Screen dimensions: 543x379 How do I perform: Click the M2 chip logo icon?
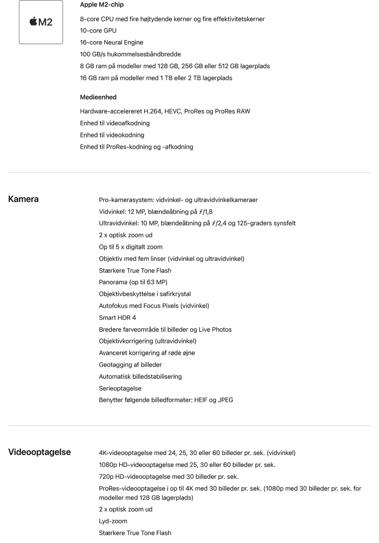tap(41, 22)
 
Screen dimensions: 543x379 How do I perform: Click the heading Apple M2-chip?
tap(102, 5)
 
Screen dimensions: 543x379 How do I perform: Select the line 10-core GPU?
tap(98, 30)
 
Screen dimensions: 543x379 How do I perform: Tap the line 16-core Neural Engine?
tap(112, 42)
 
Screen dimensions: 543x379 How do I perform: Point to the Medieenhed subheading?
tap(98, 97)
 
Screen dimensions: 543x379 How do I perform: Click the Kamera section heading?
tap(23, 199)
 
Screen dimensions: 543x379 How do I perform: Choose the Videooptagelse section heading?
tap(40, 452)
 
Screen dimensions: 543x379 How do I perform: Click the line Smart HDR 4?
tap(117, 318)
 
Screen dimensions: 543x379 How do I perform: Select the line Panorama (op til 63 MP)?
tap(133, 282)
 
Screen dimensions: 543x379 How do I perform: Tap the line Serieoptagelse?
tap(120, 388)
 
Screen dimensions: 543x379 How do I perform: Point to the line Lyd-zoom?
tap(113, 521)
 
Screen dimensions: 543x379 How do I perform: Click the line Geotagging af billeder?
tap(130, 365)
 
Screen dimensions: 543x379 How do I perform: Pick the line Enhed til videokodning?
tap(112, 135)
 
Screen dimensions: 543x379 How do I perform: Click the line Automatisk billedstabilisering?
tap(140, 377)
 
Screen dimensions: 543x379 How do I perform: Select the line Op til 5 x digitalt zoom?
tap(131, 247)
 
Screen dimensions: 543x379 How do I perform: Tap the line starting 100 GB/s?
tap(130, 54)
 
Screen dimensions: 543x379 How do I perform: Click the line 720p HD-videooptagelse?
tap(169, 476)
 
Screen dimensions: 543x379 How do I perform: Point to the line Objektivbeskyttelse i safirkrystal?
tap(145, 294)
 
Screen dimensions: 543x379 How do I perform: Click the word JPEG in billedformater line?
tap(225, 400)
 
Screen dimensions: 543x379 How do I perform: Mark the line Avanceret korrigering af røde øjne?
tap(147, 353)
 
